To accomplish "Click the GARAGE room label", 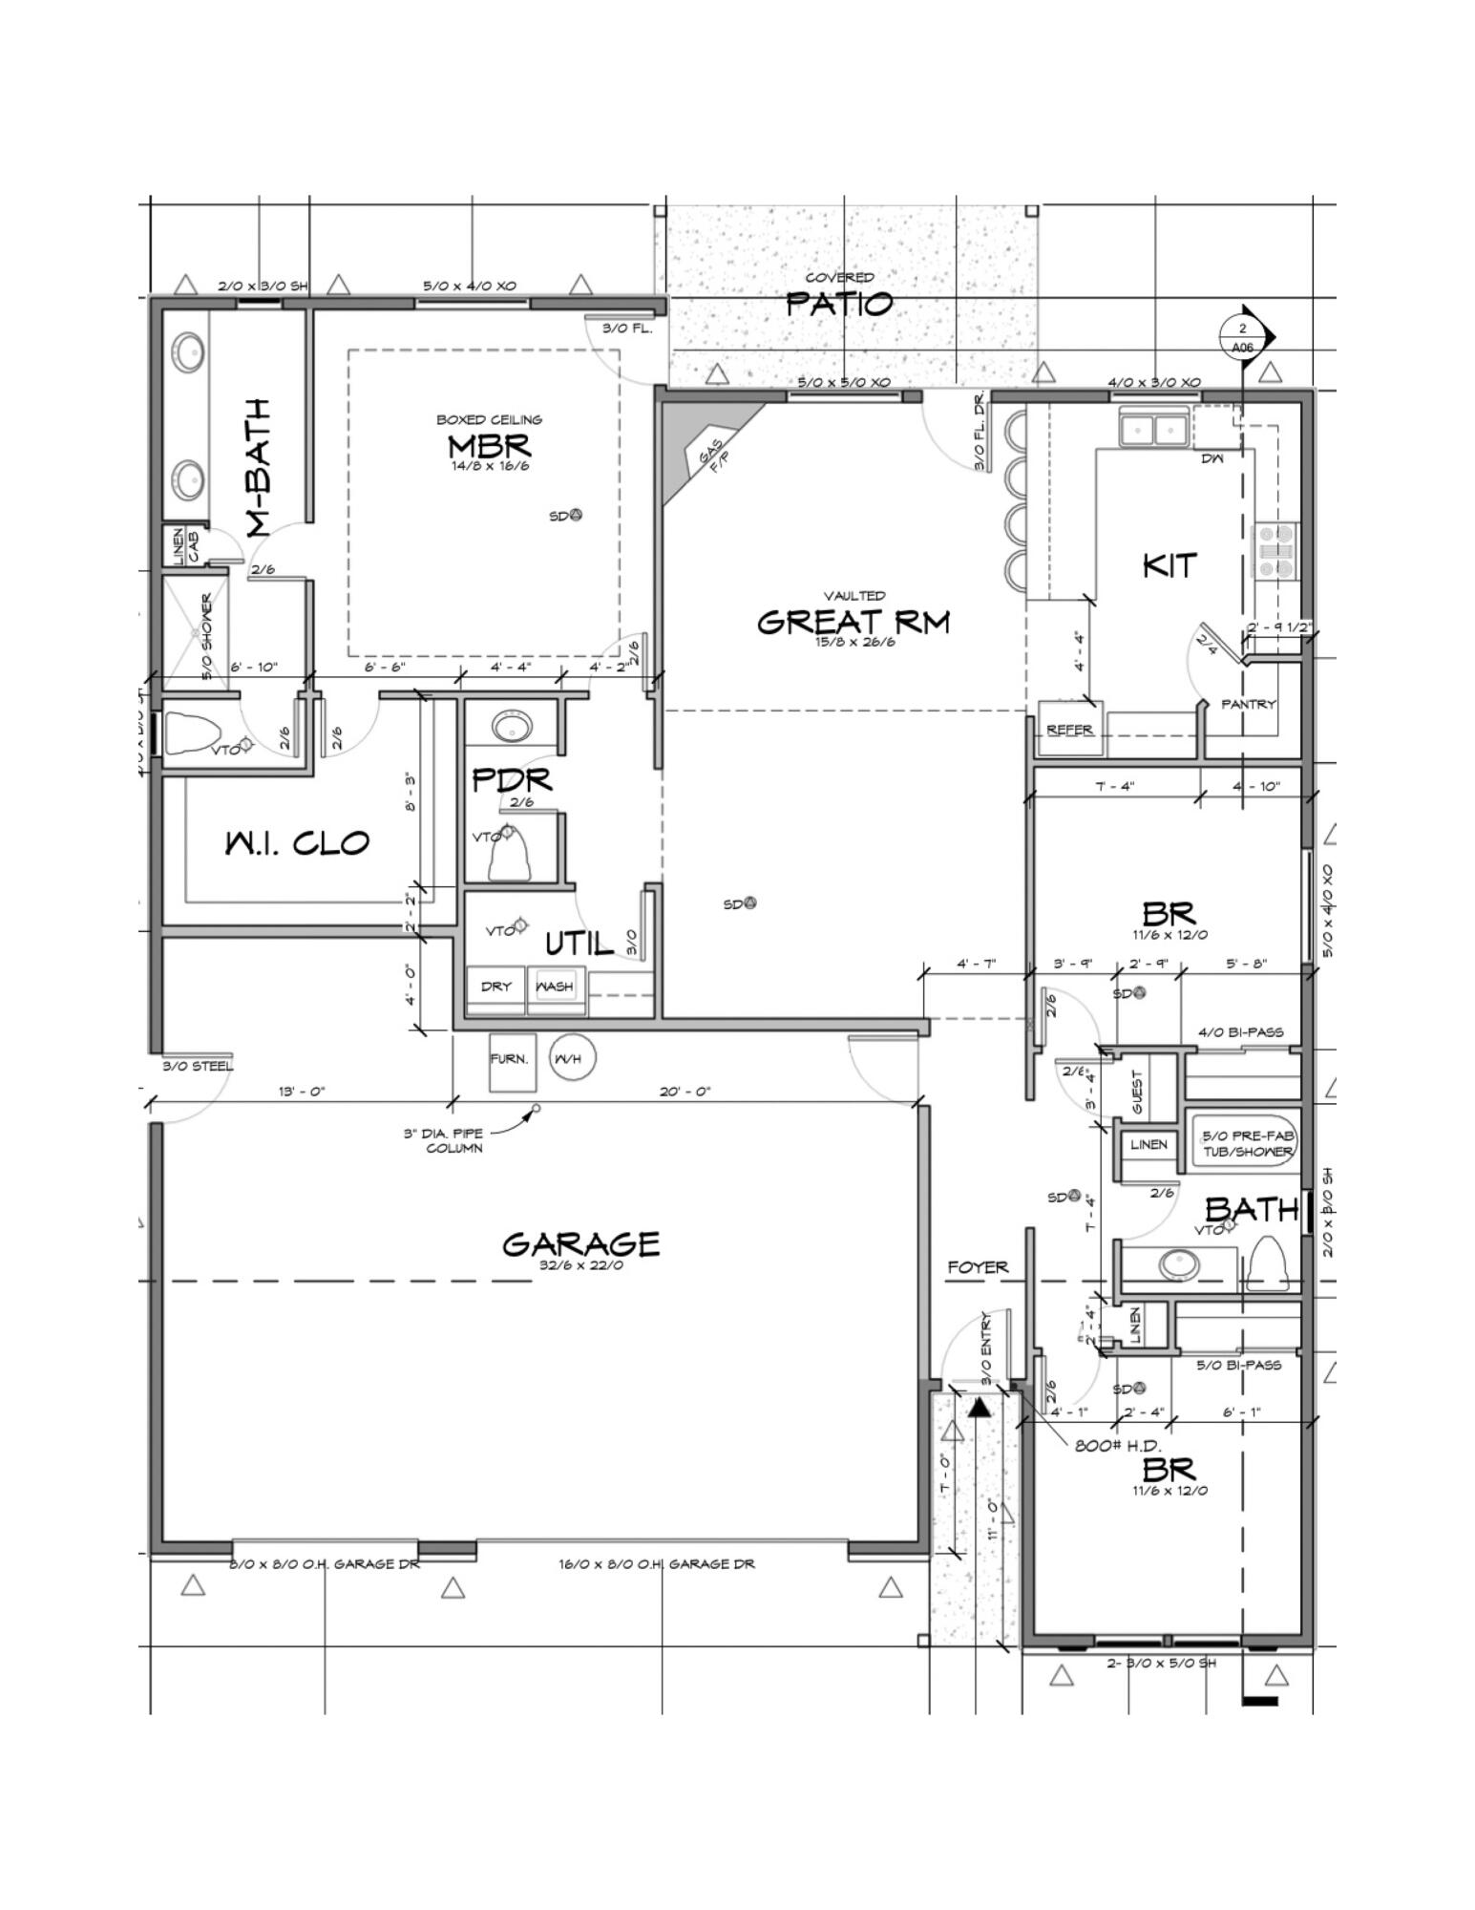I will pos(580,1243).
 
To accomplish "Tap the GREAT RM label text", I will pos(853,622).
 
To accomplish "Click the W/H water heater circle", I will pos(572,1058).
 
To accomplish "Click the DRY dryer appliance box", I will pos(495,987).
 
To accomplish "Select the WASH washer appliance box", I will pos(555,987).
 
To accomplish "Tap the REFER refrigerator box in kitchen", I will pos(1069,729).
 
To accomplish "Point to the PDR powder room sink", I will pos(514,727).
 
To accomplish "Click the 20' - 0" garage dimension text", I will pos(685,1092).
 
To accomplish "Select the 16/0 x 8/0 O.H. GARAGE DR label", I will pos(656,1564).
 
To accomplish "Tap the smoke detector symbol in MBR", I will pos(575,515).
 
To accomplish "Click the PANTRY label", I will pos(1248,704).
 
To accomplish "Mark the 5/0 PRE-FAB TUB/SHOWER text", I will pos(1247,1144).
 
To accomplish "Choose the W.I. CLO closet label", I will pos(297,843).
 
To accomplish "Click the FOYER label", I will pos(978,1267).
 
